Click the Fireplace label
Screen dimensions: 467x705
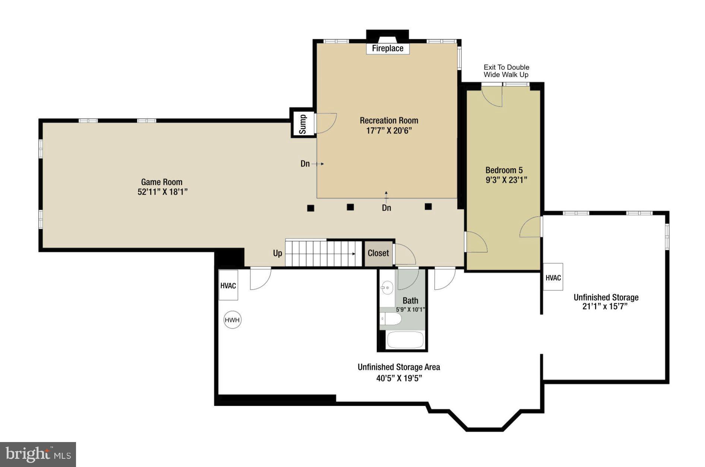click(388, 48)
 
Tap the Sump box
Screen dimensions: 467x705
click(303, 124)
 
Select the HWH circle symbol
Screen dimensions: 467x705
click(232, 320)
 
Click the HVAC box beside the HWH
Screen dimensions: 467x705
click(228, 286)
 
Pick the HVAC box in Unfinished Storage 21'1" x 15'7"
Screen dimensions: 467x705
click(553, 277)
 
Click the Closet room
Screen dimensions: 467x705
click(378, 253)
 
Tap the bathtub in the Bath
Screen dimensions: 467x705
click(405, 340)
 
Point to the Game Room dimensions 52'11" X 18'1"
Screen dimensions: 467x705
click(162, 192)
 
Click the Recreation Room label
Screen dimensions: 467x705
click(389, 121)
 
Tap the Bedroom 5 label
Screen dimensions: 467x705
click(504, 170)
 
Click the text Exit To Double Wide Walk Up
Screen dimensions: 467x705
click(506, 71)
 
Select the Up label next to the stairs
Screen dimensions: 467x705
click(278, 253)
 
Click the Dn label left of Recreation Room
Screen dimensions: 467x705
click(305, 163)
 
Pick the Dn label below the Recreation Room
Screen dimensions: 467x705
click(386, 208)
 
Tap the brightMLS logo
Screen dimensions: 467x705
click(38, 454)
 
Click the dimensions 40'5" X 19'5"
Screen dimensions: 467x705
click(399, 378)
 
